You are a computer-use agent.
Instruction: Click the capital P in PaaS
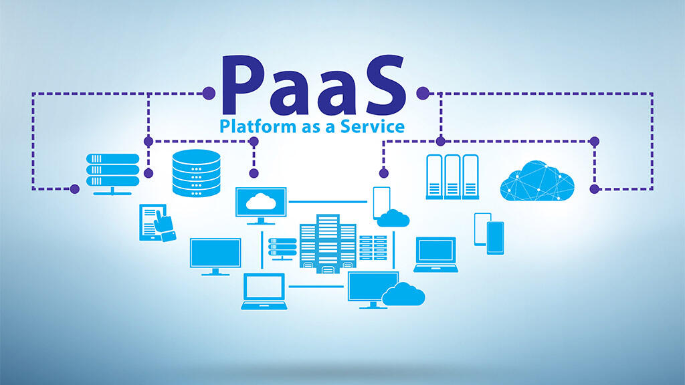(246, 85)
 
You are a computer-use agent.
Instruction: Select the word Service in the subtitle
(373, 126)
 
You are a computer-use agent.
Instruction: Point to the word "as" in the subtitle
(310, 128)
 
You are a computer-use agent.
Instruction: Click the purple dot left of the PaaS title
(209, 93)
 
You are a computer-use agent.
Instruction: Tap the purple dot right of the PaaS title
(423, 93)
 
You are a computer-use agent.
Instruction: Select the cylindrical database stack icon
(196, 173)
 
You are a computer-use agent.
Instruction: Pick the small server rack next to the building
(282, 249)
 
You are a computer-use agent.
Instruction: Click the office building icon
(328, 243)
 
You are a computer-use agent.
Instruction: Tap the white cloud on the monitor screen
(261, 202)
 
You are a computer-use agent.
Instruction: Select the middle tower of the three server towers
(452, 176)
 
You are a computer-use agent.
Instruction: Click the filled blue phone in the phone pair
(496, 238)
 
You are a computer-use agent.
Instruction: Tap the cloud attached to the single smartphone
(393, 219)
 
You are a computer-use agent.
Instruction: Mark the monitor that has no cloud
(215, 257)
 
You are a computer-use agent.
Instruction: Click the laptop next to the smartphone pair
(435, 255)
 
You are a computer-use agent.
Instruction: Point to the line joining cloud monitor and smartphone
(328, 202)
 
